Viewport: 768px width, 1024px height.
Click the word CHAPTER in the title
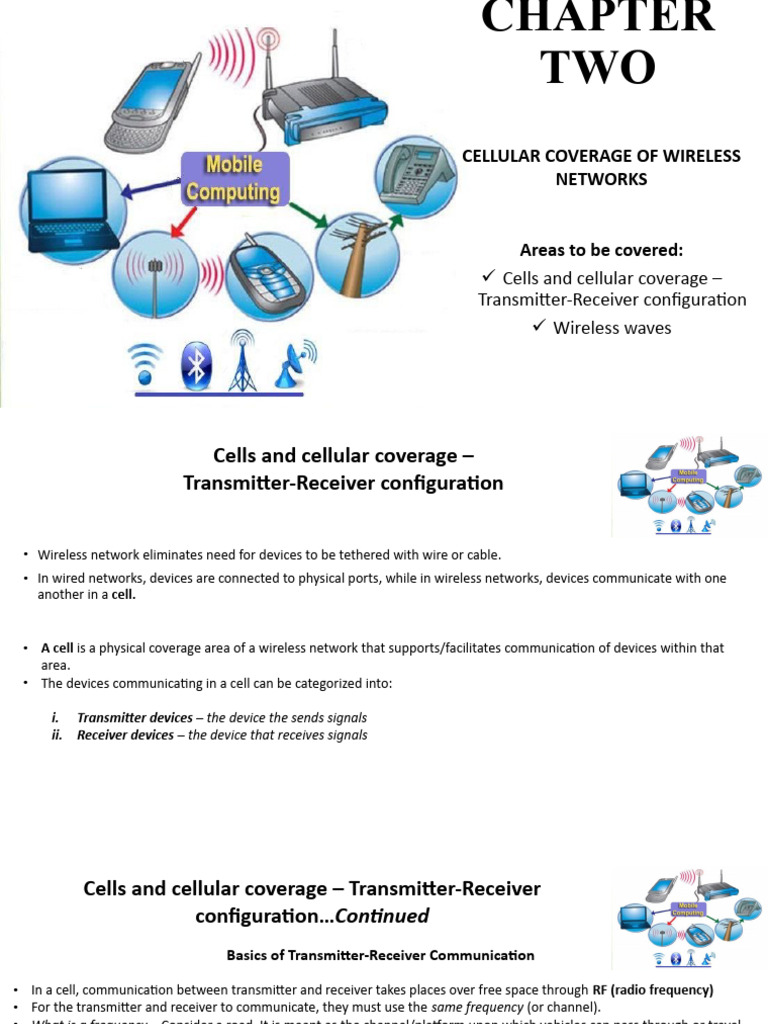click(598, 18)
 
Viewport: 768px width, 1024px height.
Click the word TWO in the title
click(598, 68)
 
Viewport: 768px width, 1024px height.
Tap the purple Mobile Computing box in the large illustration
click(234, 178)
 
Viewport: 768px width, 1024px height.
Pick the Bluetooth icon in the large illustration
click(196, 366)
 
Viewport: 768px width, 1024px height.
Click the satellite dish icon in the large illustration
click(294, 364)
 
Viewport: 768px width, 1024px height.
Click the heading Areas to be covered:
click(601, 250)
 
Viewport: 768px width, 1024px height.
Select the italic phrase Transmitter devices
click(134, 718)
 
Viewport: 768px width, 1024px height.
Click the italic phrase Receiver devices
click(125, 735)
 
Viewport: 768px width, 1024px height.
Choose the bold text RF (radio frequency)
click(653, 990)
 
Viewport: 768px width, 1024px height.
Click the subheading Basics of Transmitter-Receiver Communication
click(380, 955)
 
